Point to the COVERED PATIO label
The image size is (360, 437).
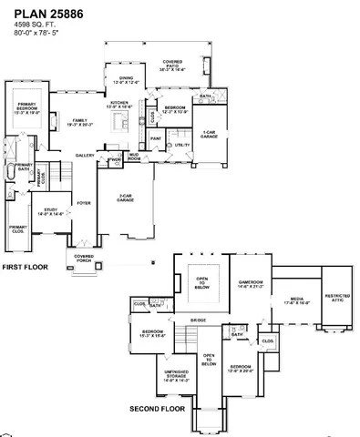coord(172,65)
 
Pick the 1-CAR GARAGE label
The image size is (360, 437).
coord(209,133)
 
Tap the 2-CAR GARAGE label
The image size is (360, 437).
coord(128,197)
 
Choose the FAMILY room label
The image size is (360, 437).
coord(81,122)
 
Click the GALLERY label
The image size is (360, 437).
coord(86,155)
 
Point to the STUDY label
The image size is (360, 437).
coord(50,211)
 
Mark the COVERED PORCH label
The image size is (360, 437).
coord(85,258)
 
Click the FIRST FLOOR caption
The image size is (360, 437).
coord(24,267)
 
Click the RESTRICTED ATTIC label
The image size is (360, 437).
coord(338,297)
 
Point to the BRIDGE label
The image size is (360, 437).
coord(198,320)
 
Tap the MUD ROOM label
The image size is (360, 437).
coord(134,157)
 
